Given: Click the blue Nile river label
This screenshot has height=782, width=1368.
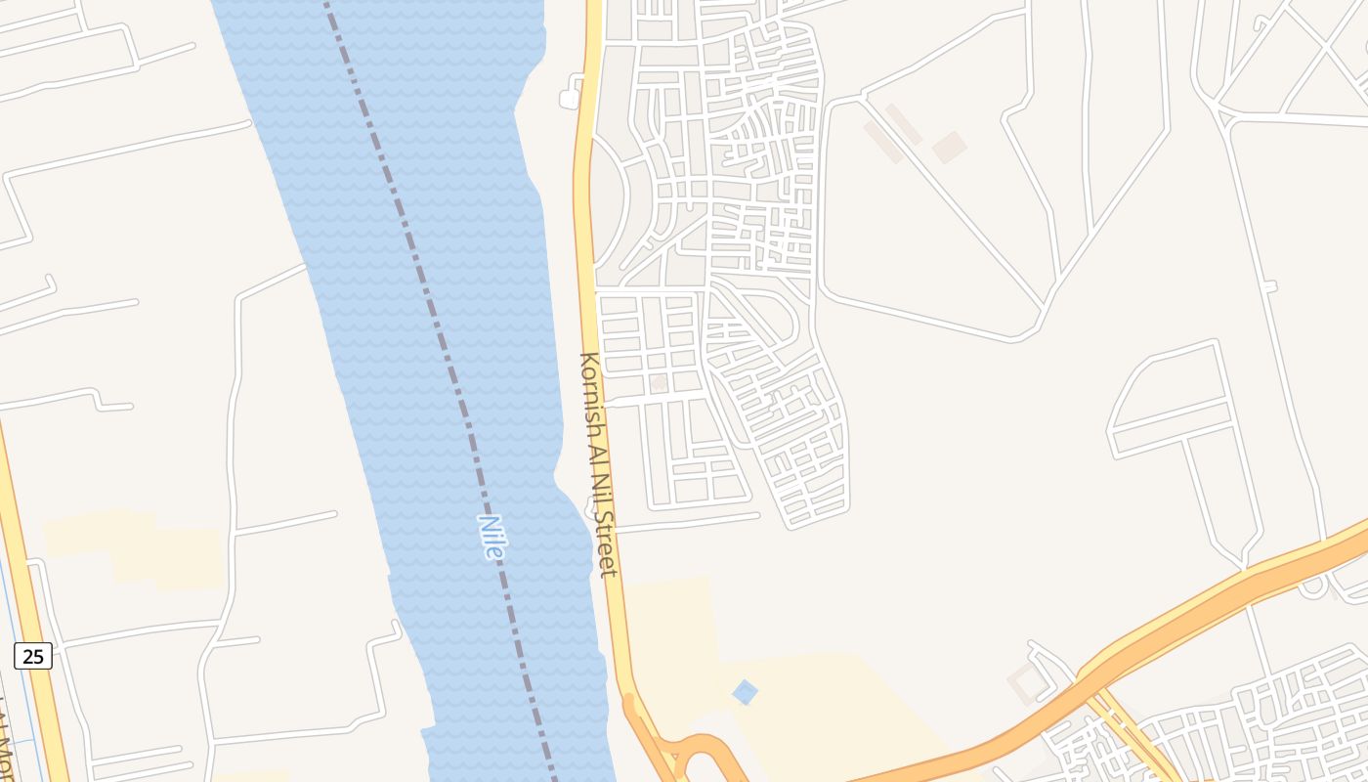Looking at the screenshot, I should click(x=492, y=537).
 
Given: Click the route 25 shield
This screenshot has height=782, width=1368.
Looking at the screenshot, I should click(x=33, y=656).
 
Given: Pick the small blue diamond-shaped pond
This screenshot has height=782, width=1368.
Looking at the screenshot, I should click(x=745, y=692).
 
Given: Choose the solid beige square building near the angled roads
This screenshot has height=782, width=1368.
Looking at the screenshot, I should click(x=949, y=148).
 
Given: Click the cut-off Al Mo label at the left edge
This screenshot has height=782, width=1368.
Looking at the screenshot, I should click(x=5, y=743).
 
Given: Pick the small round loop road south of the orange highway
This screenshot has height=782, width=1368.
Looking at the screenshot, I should click(x=1313, y=586).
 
